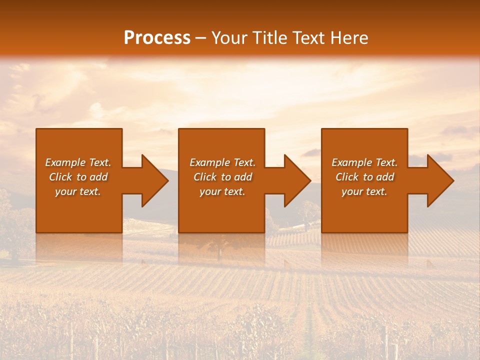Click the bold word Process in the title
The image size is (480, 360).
157,38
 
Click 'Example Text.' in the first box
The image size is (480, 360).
78,162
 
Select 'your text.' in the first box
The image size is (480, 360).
78,191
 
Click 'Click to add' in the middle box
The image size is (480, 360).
222,177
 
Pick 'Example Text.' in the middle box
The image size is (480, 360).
222,162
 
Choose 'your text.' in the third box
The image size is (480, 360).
364,191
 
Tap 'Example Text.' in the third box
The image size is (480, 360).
364,162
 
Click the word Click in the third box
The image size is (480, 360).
347,177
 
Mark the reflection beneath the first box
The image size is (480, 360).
79,247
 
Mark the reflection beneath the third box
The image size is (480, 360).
364,247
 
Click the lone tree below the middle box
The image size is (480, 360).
218,247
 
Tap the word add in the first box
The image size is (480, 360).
99,177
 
